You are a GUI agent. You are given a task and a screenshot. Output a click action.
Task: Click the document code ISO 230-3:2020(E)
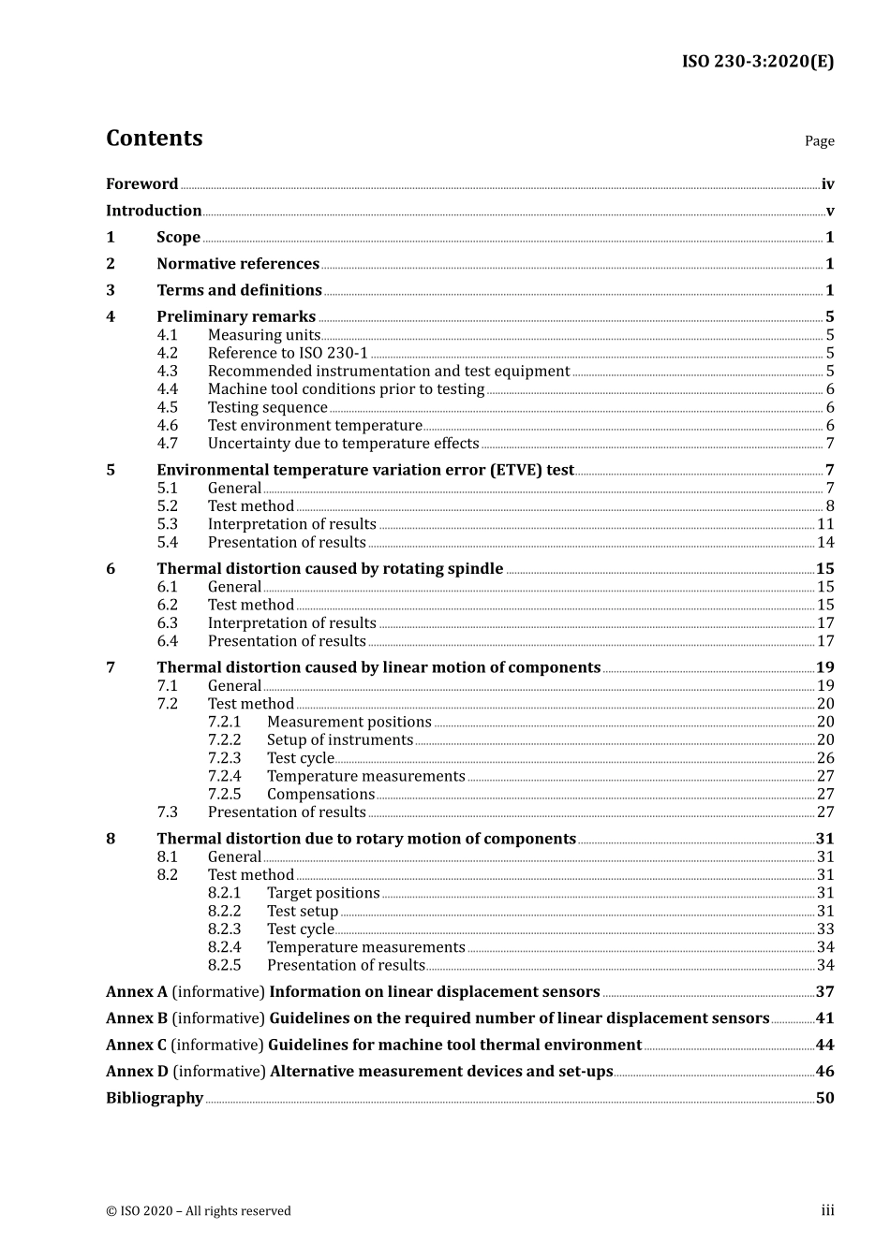point(757,62)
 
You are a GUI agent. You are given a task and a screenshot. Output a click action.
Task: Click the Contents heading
point(154,139)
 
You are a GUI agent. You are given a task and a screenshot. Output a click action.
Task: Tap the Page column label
point(819,141)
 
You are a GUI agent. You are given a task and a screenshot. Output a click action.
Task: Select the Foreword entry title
point(141,184)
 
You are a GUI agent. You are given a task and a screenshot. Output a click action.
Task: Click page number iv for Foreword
point(827,184)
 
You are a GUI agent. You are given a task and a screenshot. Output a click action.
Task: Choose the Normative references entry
point(238,264)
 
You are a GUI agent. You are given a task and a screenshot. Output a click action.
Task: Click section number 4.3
point(167,372)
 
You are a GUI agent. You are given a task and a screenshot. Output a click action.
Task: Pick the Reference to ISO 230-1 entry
point(288,354)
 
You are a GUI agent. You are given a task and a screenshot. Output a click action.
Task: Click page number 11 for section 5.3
point(825,524)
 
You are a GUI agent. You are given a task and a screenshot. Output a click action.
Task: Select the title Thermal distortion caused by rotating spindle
point(330,569)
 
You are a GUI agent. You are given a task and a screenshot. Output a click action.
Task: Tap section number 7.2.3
point(224,758)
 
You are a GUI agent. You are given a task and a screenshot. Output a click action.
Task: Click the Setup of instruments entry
point(340,740)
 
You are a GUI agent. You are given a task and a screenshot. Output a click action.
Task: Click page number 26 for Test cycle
point(825,758)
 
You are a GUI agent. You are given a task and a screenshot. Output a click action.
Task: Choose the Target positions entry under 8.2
point(323,893)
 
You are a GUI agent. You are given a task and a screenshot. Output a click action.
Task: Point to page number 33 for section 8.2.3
point(825,929)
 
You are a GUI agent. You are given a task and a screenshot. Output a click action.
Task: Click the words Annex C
point(136,1046)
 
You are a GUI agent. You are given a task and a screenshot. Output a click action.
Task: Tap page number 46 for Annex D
point(824,1072)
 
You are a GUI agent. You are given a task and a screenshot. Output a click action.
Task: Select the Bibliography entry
point(155,1098)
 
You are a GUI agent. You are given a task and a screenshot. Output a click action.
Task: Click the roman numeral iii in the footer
point(827,1210)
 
